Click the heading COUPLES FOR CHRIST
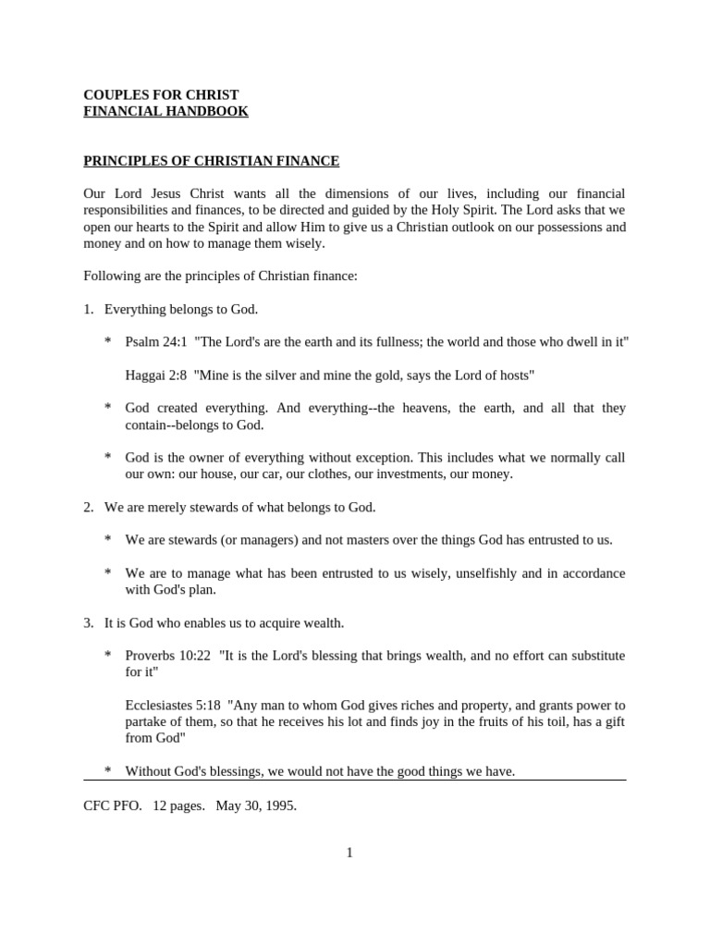[x=161, y=95]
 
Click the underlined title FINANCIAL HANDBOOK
[x=165, y=112]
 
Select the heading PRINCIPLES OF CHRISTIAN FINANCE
[x=212, y=162]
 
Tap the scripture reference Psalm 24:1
[x=156, y=342]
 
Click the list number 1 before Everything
[x=88, y=309]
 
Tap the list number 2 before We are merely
[x=88, y=508]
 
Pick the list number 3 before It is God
[x=88, y=623]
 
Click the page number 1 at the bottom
[x=349, y=853]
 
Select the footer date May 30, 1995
[x=256, y=806]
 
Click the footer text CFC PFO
[x=113, y=806]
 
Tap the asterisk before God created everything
[x=108, y=409]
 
